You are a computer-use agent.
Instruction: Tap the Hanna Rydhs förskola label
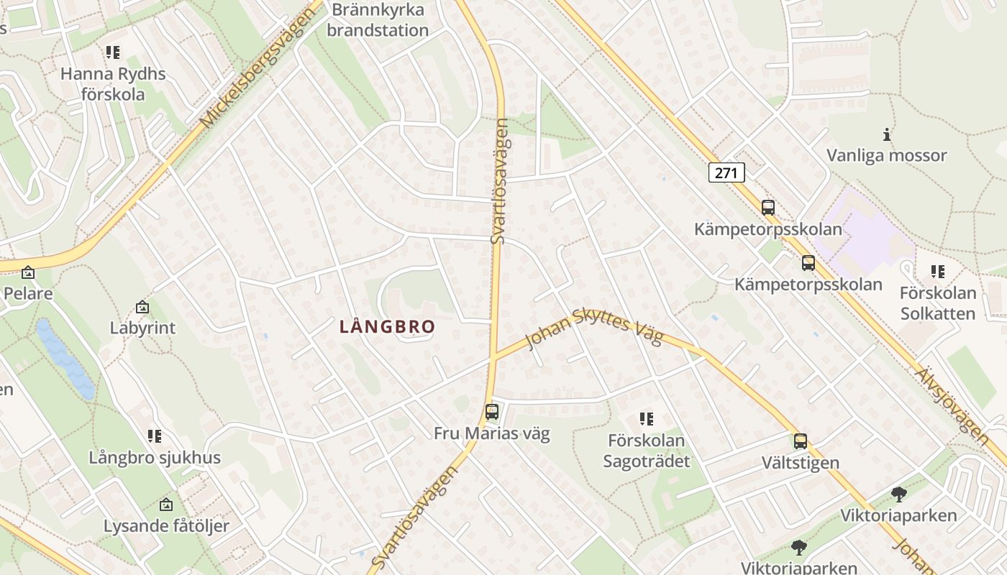click(113, 84)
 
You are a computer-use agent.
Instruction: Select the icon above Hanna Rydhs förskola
click(112, 52)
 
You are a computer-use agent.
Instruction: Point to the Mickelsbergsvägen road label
click(260, 69)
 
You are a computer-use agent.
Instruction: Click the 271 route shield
click(726, 172)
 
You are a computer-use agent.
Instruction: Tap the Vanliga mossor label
click(886, 155)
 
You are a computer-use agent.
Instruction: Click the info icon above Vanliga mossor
click(887, 134)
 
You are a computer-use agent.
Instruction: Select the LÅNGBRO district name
click(387, 327)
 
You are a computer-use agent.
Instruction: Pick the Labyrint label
click(142, 328)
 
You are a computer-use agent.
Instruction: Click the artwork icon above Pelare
click(28, 272)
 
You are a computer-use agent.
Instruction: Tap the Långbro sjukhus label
click(155, 458)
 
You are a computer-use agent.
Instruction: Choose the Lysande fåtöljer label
click(166, 525)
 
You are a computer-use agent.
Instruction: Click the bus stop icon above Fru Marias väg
click(492, 412)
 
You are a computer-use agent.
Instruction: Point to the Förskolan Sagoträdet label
click(646, 451)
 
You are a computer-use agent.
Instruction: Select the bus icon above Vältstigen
click(801, 441)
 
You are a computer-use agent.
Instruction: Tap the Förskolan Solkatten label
click(938, 303)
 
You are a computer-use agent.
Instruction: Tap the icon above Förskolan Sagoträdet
click(646, 418)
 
